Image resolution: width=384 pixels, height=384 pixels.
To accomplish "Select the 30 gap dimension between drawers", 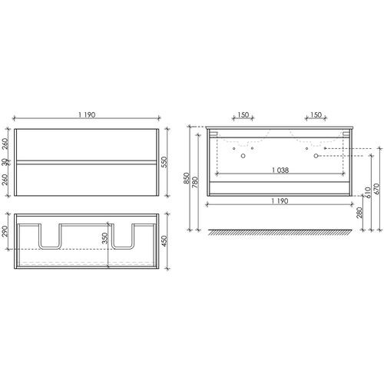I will coord(7,162).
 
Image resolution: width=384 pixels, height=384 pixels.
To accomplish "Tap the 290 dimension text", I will coord(7,230).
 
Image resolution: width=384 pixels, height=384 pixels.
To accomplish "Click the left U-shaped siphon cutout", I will coord(51,238).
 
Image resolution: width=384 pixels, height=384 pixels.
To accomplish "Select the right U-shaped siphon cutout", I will coord(124,238).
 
